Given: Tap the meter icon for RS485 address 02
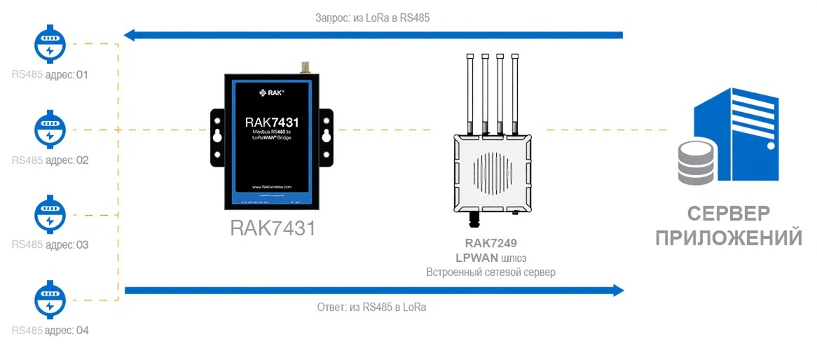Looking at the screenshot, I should click(49, 130).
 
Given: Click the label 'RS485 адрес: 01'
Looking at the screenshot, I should click(50, 74).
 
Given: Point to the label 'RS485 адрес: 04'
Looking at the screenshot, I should click(50, 330).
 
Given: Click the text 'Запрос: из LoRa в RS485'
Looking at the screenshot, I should click(371, 19).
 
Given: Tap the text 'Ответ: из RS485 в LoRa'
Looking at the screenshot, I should click(371, 307).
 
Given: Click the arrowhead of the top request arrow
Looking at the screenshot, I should click(130, 34).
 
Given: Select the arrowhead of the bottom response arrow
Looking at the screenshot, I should click(617, 291).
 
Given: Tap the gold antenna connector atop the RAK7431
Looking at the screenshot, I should click(305, 67).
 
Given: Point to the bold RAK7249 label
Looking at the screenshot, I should click(490, 244).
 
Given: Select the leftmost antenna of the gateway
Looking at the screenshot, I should click(469, 91).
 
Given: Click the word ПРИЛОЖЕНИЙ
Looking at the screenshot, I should click(729, 237).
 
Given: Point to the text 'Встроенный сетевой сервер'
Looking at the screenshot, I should click(490, 272).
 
